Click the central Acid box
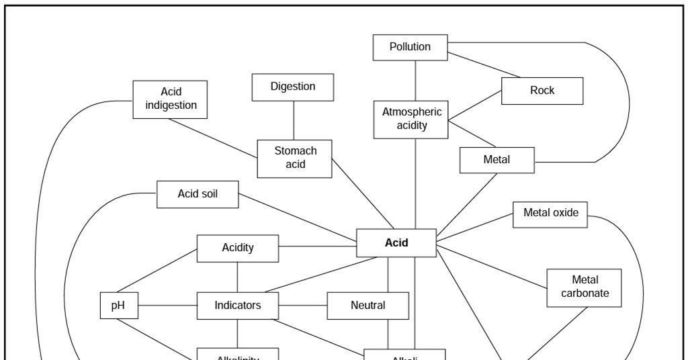tap(396, 243)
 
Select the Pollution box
tap(410, 47)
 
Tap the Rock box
tap(542, 91)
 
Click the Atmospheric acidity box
tap(411, 120)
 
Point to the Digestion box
tap(292, 87)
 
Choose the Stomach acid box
tap(294, 159)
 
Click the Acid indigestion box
tap(170, 99)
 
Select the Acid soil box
tap(198, 194)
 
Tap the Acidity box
tap(237, 248)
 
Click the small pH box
tap(118, 306)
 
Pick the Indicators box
tap(237, 306)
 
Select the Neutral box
tap(368, 306)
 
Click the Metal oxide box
tap(550, 214)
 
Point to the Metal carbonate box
tap(584, 287)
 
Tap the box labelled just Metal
tap(497, 160)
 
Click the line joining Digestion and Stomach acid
tap(293, 120)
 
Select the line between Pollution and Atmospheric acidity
tap(415, 80)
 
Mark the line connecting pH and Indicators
tap(167, 306)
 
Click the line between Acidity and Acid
tap(317, 246)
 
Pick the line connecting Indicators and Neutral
tap(302, 306)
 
